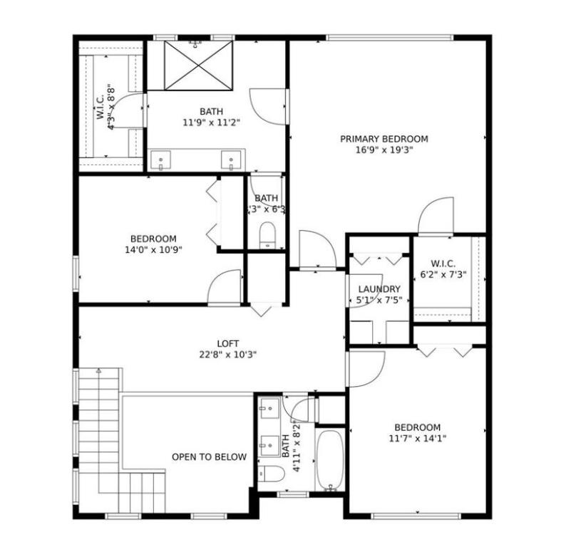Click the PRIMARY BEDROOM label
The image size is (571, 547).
pos(384,139)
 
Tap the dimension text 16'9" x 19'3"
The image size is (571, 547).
pos(384,150)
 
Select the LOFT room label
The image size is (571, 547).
pos(228,343)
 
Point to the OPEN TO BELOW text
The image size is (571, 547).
pos(209,457)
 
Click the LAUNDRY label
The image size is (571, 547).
pos(379,289)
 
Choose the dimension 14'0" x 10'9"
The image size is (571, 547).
pos(153,250)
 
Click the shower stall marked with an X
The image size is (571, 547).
pos(199,65)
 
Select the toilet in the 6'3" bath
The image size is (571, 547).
pos(267,236)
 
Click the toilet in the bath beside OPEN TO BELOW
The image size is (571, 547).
pos(271,474)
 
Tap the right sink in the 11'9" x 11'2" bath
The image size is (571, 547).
pos(231,160)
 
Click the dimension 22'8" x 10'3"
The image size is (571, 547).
pos(228,354)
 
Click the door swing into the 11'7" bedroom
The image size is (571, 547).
pos(366,369)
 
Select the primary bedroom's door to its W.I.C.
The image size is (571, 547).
pos(436,216)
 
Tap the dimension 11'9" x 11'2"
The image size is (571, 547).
pos(210,122)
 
